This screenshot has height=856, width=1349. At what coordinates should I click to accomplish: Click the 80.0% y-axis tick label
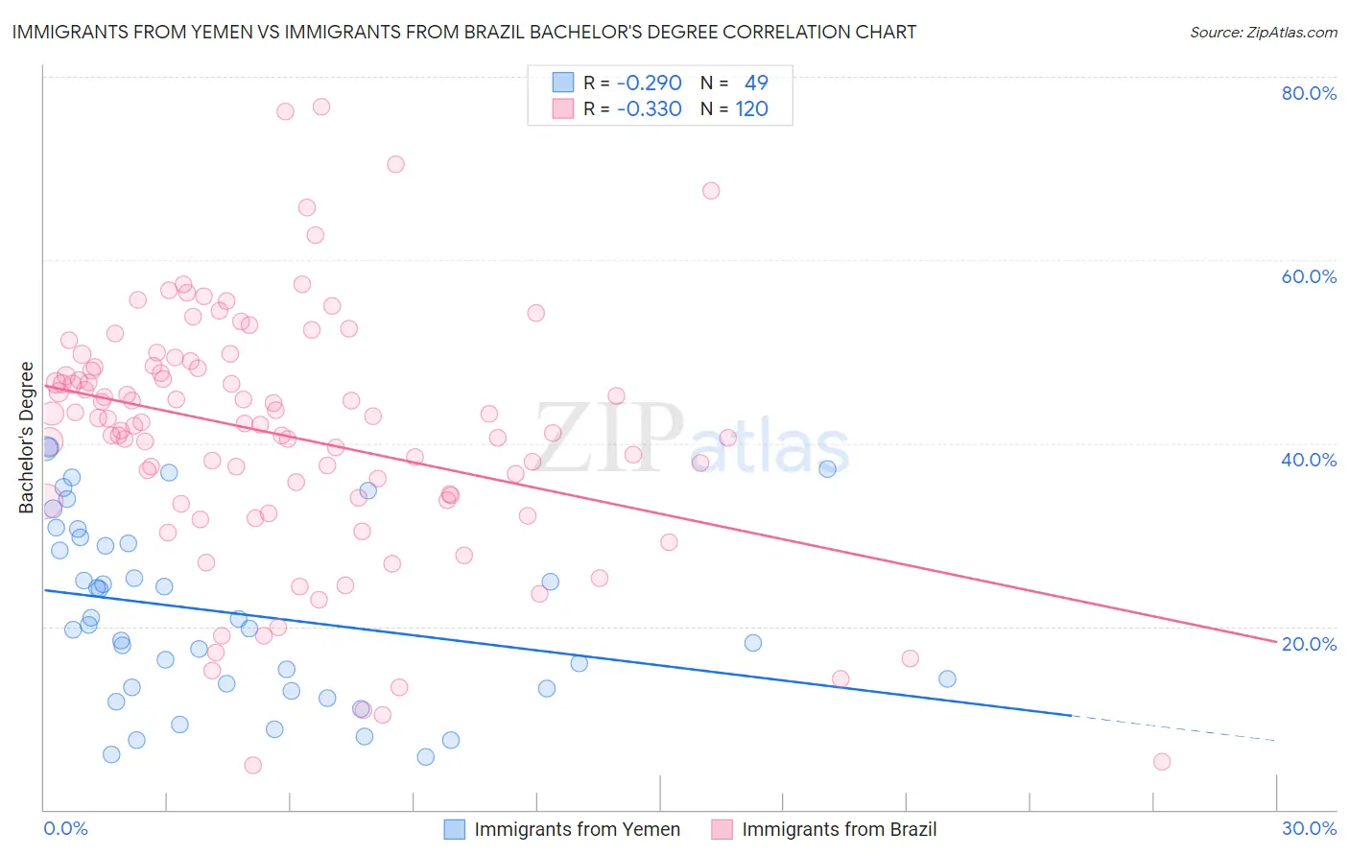1309,93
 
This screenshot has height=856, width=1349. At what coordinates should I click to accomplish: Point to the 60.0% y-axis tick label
1309,276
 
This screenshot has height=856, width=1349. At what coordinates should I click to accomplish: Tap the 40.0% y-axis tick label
1309,460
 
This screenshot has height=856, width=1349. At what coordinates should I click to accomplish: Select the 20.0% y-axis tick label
1309,644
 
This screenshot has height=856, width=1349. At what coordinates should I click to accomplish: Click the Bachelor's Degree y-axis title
27,438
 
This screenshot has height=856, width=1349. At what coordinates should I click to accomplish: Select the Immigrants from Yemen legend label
577,830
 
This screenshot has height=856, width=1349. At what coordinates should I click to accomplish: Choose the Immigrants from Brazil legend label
839,830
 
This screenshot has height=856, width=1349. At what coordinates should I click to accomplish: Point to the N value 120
751,109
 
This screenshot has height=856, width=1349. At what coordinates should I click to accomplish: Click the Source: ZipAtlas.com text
1263,33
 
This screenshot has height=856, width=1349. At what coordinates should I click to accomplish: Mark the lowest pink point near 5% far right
1162,762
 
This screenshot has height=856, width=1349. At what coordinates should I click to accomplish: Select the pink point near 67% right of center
711,191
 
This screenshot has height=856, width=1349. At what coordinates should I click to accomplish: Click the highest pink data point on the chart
321,107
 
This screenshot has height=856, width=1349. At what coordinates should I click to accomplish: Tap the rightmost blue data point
947,678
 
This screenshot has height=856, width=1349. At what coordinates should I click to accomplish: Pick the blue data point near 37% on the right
827,468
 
